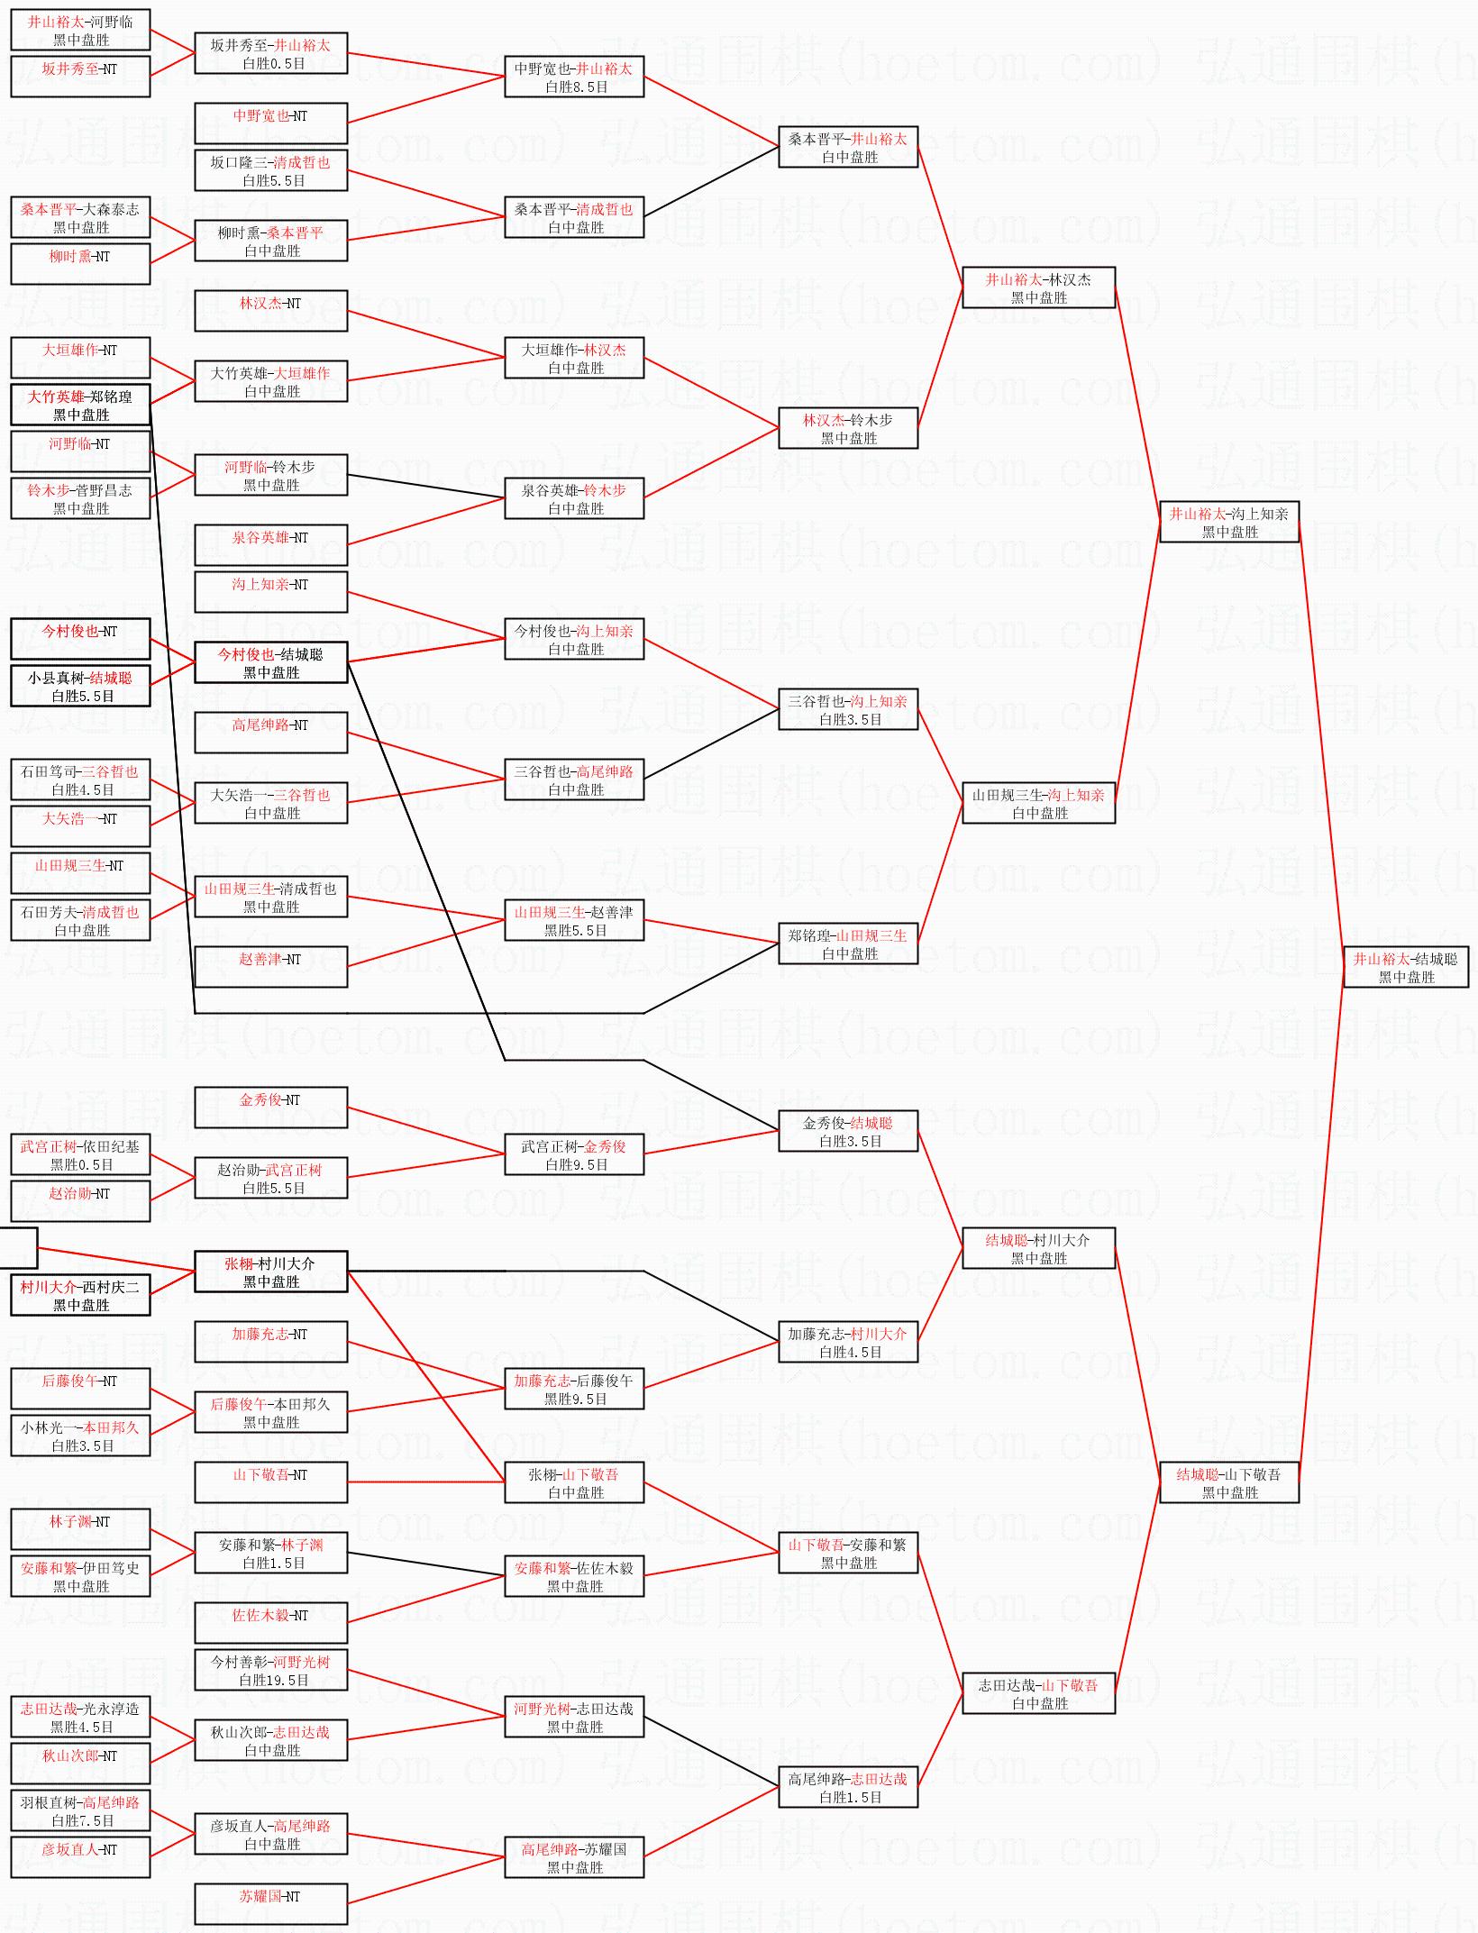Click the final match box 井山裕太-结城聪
click(x=1406, y=967)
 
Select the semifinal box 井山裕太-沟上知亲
click(x=1229, y=522)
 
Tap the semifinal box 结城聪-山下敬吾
click(x=1229, y=1482)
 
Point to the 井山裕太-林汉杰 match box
click(x=1039, y=287)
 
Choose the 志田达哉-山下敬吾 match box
click(x=1039, y=1693)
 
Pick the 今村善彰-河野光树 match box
click(x=271, y=1670)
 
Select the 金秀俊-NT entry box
click(x=271, y=1108)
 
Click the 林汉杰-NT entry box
click(x=271, y=311)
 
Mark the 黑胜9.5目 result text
click(x=575, y=1399)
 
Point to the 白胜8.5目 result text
click(x=576, y=87)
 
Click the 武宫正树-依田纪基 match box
click(x=80, y=1154)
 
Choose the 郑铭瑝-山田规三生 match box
click(x=848, y=944)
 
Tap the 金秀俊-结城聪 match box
click(x=848, y=1131)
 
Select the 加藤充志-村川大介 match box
click(x=848, y=1342)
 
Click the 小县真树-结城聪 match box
click(x=80, y=686)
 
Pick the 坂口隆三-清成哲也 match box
click(x=271, y=170)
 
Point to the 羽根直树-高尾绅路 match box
click(x=80, y=1810)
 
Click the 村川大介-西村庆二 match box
click(x=80, y=1295)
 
